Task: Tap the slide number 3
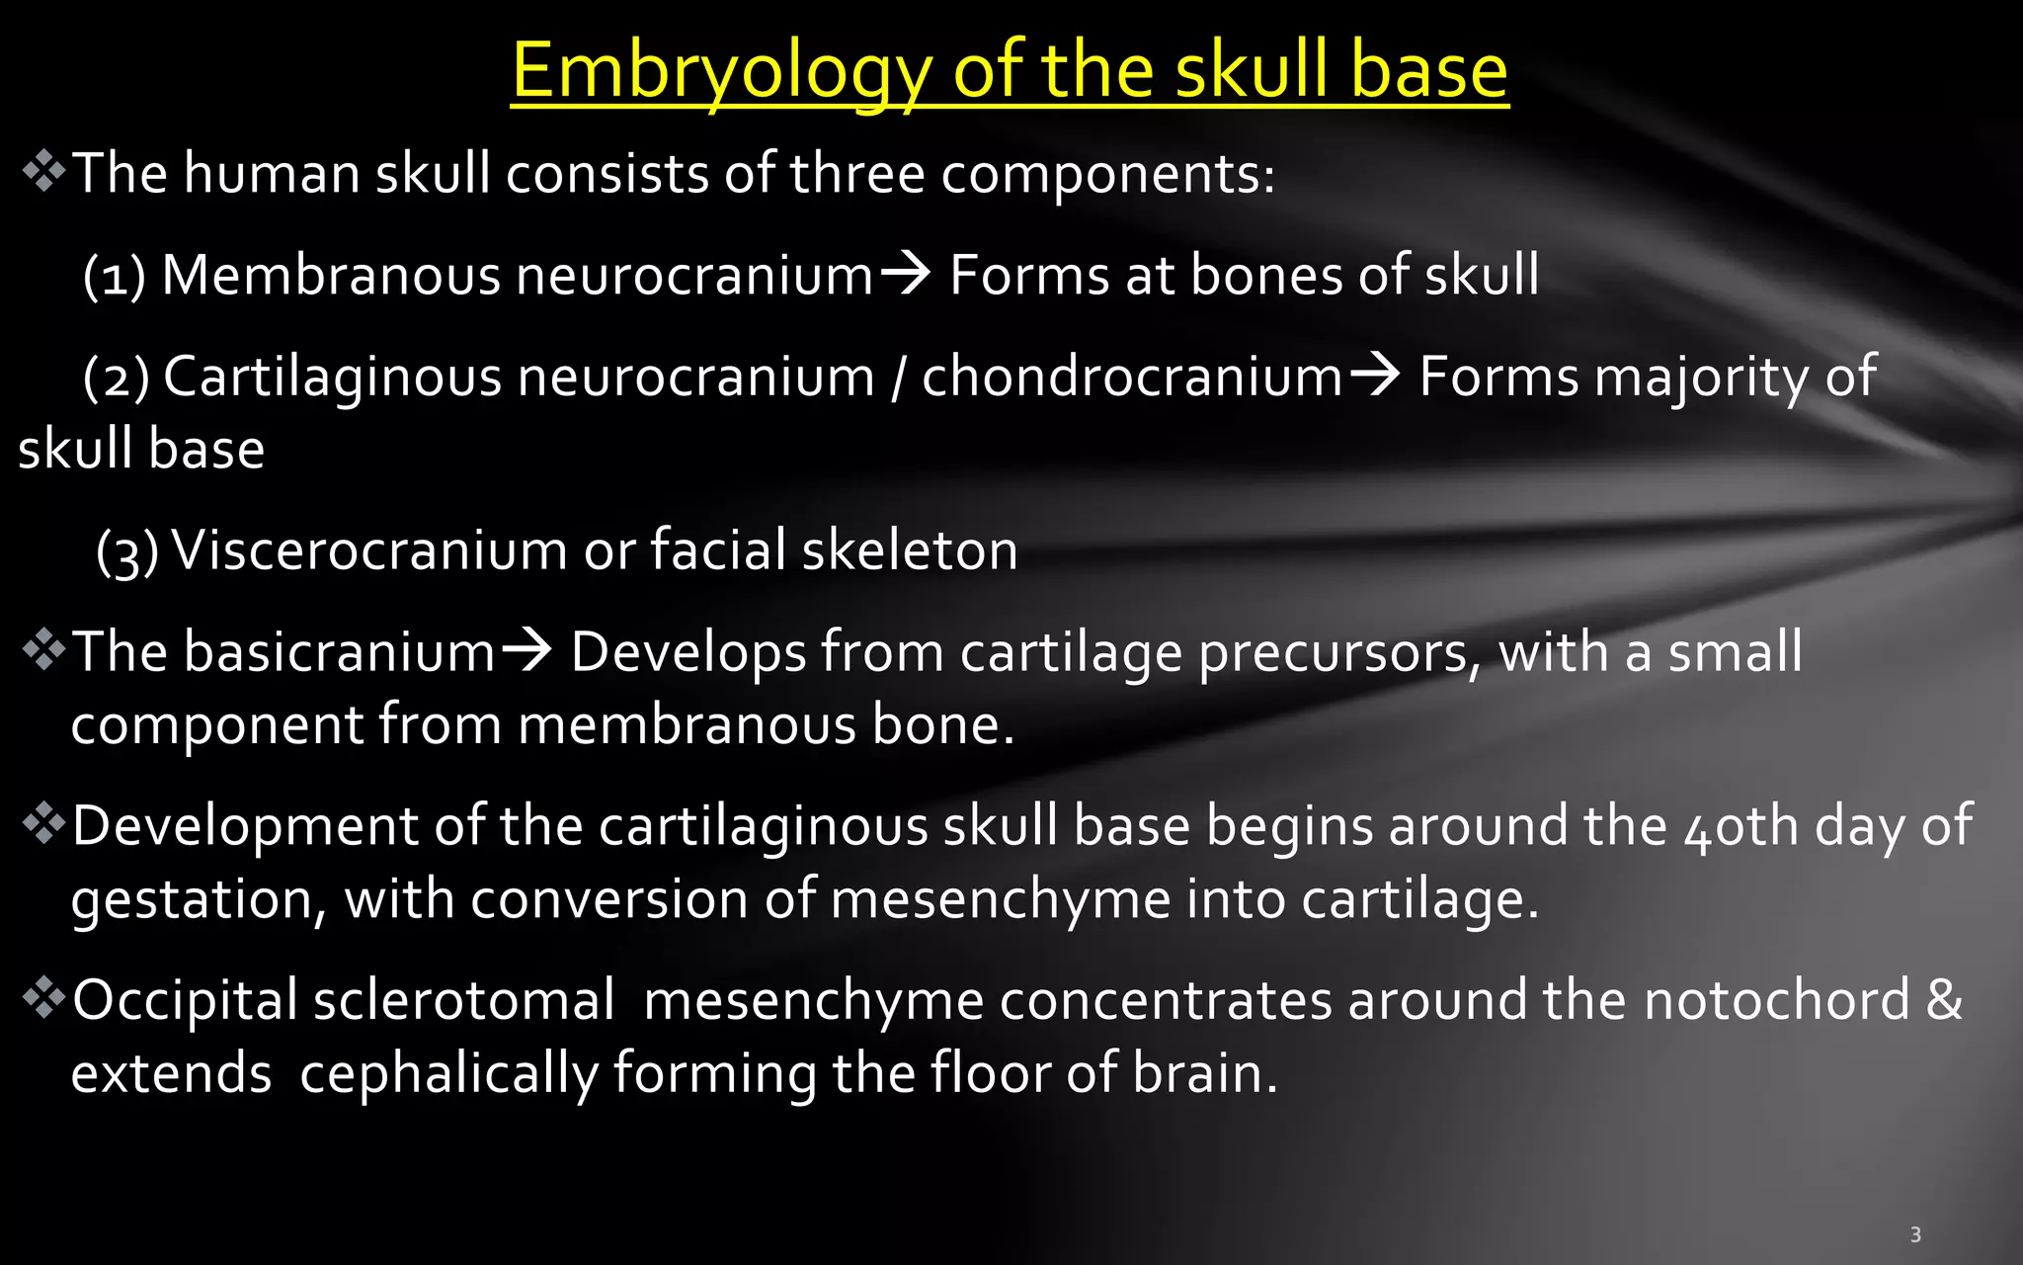click(1915, 1234)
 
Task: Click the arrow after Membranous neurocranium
click(905, 273)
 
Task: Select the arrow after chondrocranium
click(1375, 375)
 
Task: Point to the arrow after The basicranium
click(526, 650)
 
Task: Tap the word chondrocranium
click(1132, 377)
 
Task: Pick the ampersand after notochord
click(1943, 999)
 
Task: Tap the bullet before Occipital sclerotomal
click(43, 997)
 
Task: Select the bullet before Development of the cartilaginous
click(43, 823)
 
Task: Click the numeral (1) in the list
click(115, 275)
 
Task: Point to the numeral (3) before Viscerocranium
click(127, 550)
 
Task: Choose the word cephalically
click(448, 1074)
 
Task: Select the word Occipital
click(185, 1000)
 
